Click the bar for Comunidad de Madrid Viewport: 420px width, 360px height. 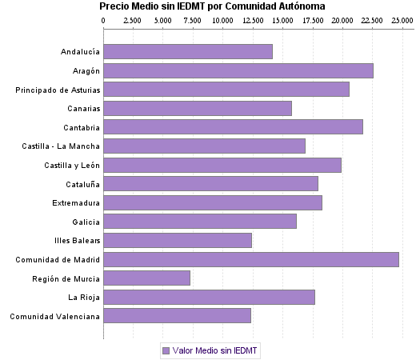click(251, 259)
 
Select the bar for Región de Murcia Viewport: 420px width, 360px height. click(147, 278)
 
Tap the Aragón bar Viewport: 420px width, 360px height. click(238, 70)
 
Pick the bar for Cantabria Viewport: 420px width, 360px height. click(234, 126)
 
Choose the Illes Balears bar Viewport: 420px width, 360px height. click(178, 240)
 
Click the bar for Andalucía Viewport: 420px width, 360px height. click(188, 51)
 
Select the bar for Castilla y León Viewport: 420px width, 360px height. click(222, 165)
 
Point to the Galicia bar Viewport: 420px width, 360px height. click(200, 221)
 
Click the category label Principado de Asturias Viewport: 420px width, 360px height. click(58, 90)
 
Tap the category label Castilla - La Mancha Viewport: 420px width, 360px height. click(62, 146)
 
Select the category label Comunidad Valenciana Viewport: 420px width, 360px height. click(54, 316)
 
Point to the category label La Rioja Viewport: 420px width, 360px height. click(84, 298)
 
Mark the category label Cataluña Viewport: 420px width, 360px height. click(82, 184)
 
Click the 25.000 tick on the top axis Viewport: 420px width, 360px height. click(402, 21)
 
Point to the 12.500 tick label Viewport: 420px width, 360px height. click(253, 21)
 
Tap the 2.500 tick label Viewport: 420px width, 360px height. click(134, 21)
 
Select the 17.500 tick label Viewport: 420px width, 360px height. click(312, 21)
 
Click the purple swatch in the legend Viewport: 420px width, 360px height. click(166, 350)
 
